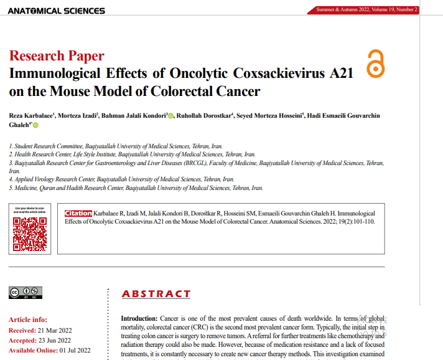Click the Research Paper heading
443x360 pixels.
pyautogui.click(x=57, y=56)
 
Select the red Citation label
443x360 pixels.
pyautogui.click(x=78, y=213)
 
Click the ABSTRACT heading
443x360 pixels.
pyautogui.click(x=156, y=294)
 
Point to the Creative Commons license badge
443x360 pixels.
pyautogui.click(x=26, y=292)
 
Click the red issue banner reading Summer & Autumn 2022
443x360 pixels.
pyautogui.click(x=366, y=9)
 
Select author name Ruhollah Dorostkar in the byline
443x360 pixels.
pyautogui.click(x=205, y=116)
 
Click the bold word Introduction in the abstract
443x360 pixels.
pyautogui.click(x=139, y=318)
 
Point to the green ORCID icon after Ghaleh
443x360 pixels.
pyautogui.click(x=35, y=125)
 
